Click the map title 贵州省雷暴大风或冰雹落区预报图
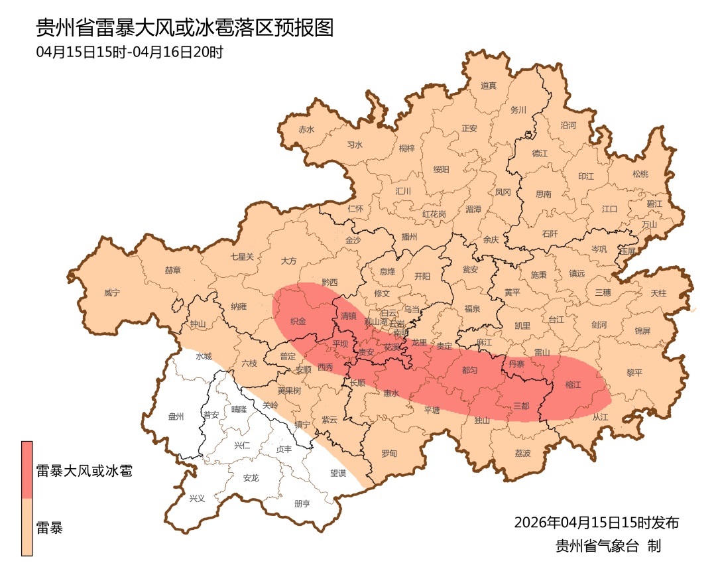point(184,28)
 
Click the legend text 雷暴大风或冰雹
point(84,472)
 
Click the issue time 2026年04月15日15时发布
point(596,523)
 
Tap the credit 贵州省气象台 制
point(608,546)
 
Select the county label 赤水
point(306,130)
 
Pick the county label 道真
point(489,86)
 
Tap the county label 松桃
point(640,174)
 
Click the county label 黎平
point(634,373)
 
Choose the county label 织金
point(298,322)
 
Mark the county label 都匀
point(469,370)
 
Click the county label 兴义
point(198,498)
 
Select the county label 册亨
point(302,503)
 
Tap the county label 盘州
point(176,416)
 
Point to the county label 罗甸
point(389,454)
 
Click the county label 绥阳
point(441,169)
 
